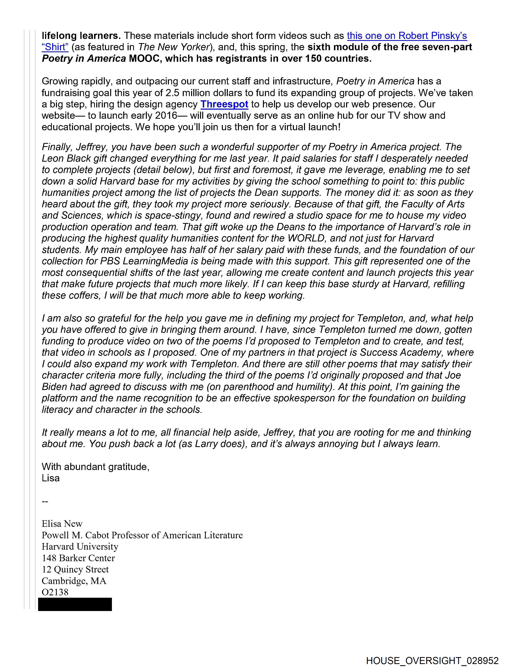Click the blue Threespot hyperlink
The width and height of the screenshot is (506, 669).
point(224,104)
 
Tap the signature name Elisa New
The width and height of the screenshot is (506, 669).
point(62,523)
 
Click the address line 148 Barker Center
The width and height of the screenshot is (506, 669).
point(78,558)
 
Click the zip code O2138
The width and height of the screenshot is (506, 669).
point(55,592)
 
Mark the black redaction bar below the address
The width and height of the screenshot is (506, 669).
point(75,604)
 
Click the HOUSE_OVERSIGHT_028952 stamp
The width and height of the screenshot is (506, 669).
point(432,660)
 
